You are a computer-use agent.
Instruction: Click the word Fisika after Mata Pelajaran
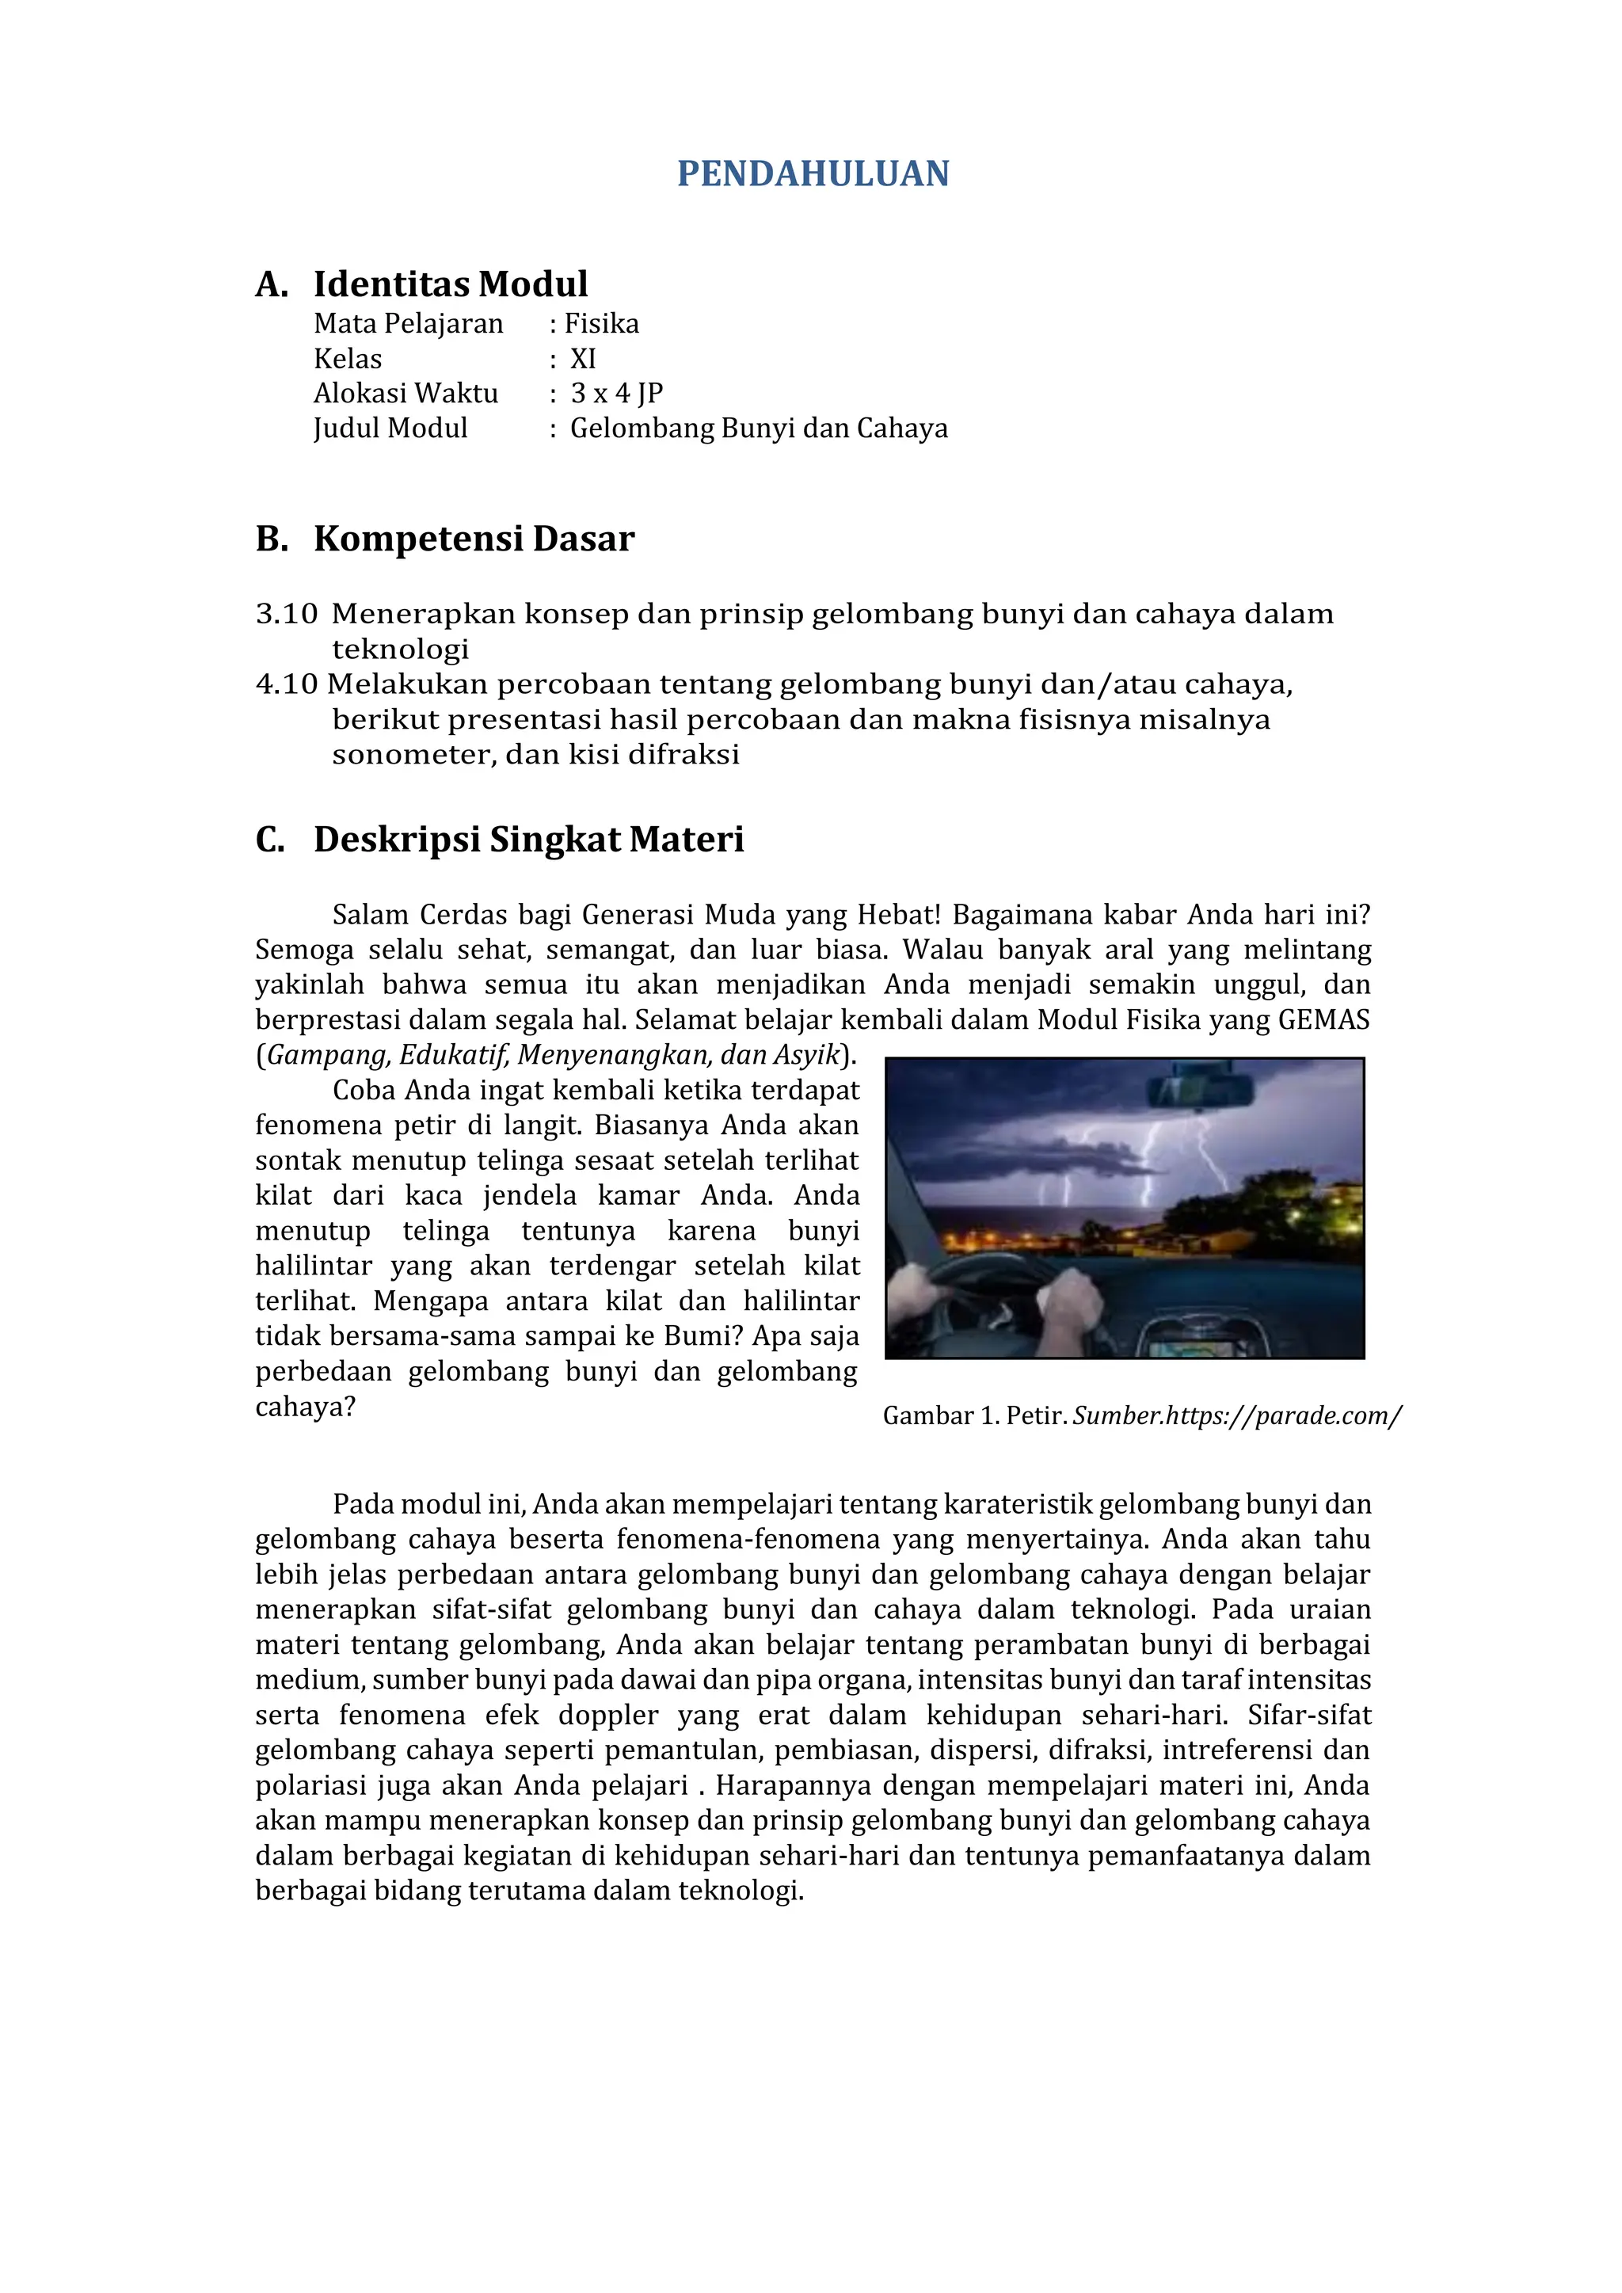[601, 324]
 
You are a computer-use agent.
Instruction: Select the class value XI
[582, 359]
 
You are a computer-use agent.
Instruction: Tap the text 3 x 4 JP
[616, 394]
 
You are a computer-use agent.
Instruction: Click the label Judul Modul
[390, 429]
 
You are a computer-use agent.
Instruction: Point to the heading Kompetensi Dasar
[474, 539]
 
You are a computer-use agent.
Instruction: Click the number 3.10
[287, 613]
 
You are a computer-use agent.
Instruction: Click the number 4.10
[287, 684]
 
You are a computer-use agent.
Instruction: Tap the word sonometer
[413, 754]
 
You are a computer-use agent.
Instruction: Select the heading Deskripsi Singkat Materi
[528, 839]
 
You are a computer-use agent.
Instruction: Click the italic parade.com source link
[1236, 1415]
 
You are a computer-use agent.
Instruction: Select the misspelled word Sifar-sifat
[1308, 1715]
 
